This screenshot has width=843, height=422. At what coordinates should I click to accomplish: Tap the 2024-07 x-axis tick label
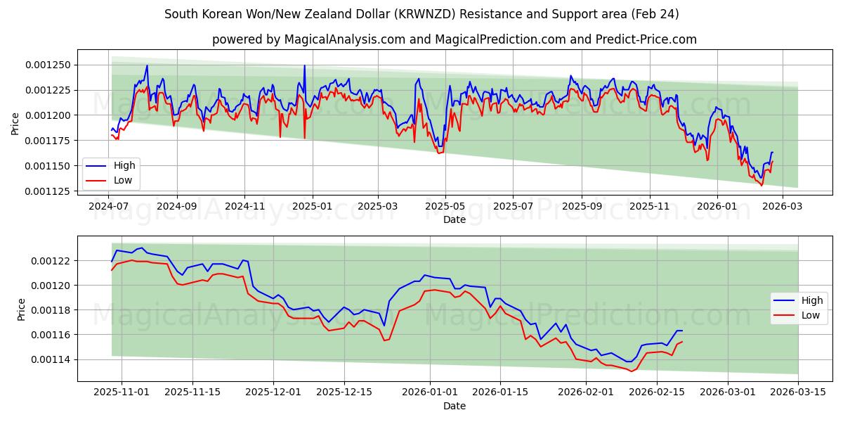[109, 207]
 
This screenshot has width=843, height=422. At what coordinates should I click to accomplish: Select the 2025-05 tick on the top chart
[445, 207]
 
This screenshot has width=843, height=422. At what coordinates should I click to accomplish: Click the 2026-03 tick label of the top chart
[783, 207]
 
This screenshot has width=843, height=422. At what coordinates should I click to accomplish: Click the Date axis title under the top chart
[455, 219]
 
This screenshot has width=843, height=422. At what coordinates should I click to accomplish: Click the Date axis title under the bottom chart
[455, 406]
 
